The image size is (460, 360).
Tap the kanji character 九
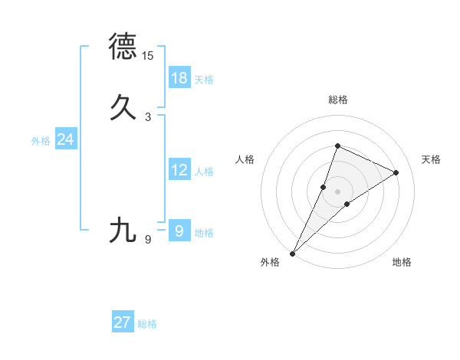tap(123, 230)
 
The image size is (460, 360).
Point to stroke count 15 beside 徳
tap(148, 56)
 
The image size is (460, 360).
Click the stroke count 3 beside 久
tap(148, 117)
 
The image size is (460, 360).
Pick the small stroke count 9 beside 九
tap(148, 240)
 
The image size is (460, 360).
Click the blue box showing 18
tap(179, 78)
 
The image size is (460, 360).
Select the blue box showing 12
tap(179, 170)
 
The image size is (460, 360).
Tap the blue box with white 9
tap(179, 231)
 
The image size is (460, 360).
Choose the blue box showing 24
tap(65, 139)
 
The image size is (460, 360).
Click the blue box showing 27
tap(123, 322)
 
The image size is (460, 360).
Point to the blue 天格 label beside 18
tap(204, 79)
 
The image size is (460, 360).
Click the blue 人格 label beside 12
tap(204, 172)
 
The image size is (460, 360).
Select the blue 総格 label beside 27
tap(147, 324)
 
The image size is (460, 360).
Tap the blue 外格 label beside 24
tap(41, 141)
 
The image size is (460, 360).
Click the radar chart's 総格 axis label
tap(337, 100)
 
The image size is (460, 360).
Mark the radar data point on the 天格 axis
tap(396, 172)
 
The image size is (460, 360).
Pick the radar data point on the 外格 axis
tap(293, 253)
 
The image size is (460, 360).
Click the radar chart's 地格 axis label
tap(402, 263)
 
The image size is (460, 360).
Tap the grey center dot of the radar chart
tap(337, 191)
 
